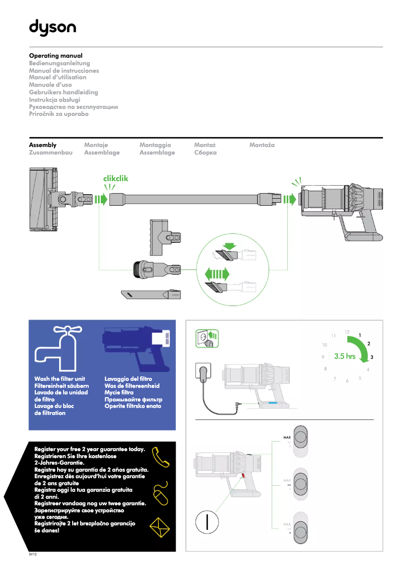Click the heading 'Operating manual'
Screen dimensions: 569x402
click(56, 56)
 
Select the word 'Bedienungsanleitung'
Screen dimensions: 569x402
click(60, 63)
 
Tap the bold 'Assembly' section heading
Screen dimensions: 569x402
click(43, 145)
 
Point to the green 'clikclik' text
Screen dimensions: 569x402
click(116, 179)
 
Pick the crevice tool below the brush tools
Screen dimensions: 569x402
click(151, 295)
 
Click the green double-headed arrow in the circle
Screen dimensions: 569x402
click(217, 274)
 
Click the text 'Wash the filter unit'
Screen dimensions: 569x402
click(60, 379)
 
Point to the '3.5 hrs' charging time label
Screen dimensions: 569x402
click(344, 357)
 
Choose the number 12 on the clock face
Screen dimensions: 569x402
click(347, 332)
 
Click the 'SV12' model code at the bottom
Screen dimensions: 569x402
click(33, 555)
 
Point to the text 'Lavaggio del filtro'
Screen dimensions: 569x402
click(128, 379)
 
